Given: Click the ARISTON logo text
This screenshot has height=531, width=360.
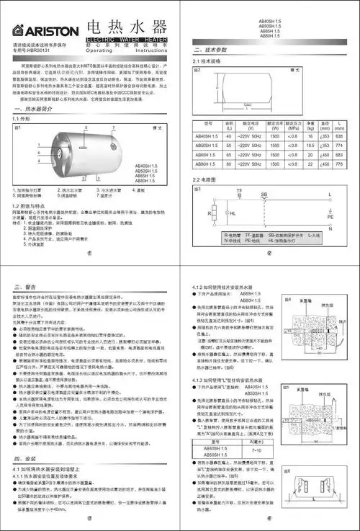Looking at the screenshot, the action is tap(40, 31).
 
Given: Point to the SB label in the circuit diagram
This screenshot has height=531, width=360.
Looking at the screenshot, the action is tap(264, 195).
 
